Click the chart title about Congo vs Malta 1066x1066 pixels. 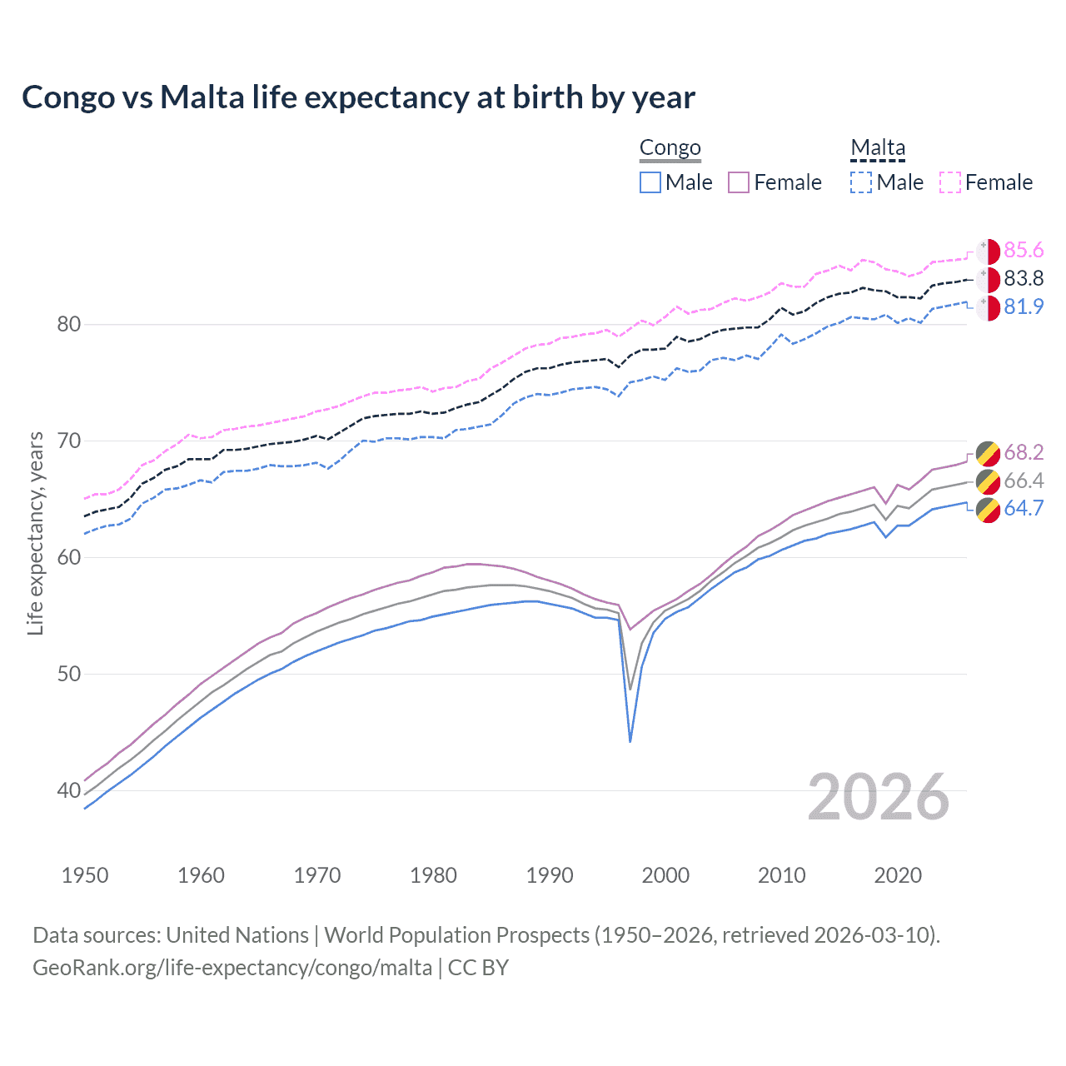pyautogui.click(x=358, y=97)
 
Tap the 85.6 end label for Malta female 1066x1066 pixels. pyautogui.click(x=1024, y=251)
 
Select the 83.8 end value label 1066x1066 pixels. pyautogui.click(x=1024, y=279)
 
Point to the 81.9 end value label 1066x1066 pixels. pyautogui.click(x=1024, y=307)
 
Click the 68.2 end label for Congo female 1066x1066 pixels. pyautogui.click(x=1024, y=452)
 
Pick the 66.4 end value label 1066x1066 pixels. pyautogui.click(x=1024, y=481)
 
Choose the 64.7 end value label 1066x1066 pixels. pyautogui.click(x=1024, y=509)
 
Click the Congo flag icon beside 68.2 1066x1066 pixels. pyautogui.click(x=988, y=453)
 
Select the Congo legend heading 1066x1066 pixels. pyautogui.click(x=670, y=148)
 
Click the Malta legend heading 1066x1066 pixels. pyautogui.click(x=877, y=148)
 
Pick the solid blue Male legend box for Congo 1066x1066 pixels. pyautogui.click(x=650, y=182)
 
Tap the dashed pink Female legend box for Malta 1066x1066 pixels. pyautogui.click(x=950, y=182)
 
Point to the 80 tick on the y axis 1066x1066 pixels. pyautogui.click(x=69, y=325)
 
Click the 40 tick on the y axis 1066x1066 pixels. pyautogui.click(x=69, y=790)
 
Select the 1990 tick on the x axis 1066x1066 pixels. pyautogui.click(x=550, y=875)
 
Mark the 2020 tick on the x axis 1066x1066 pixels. pyautogui.click(x=898, y=875)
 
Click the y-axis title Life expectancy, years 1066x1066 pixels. pyautogui.click(x=36, y=533)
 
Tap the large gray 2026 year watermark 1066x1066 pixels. pyautogui.click(x=878, y=798)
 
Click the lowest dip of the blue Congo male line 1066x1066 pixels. pyautogui.click(x=630, y=740)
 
